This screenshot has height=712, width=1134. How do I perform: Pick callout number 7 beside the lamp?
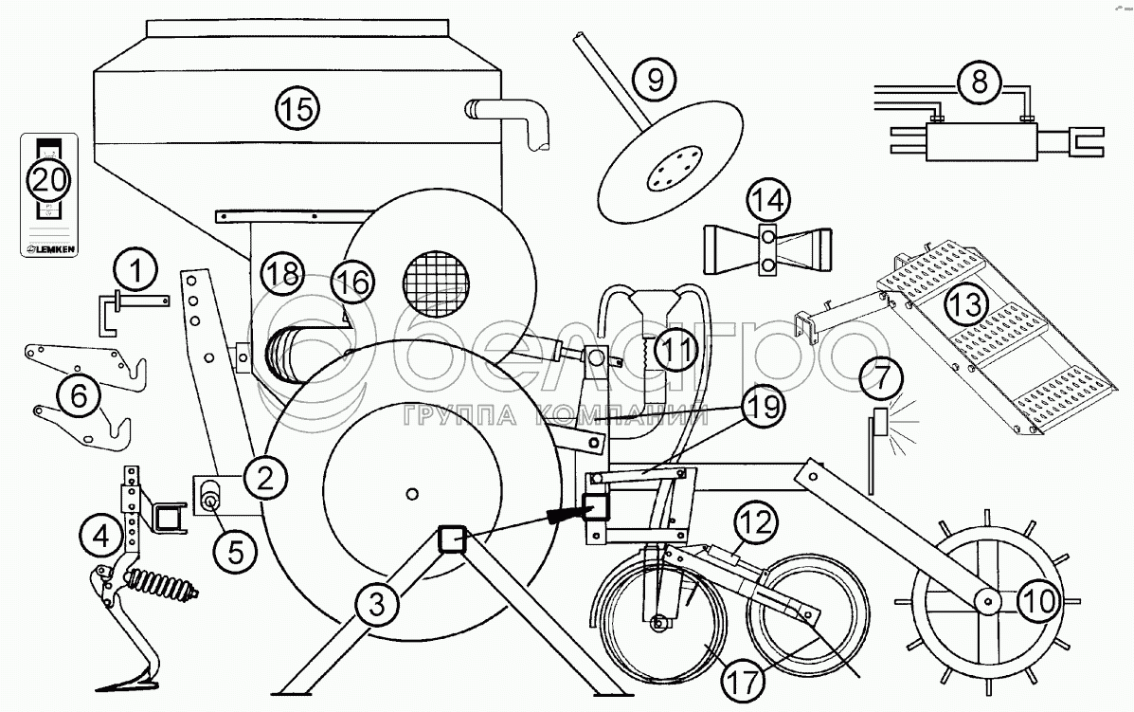pos(881,379)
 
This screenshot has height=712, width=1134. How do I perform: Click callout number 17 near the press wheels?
pos(744,679)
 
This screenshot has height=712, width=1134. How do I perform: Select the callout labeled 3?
pos(376,600)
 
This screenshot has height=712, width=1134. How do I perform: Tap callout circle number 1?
pos(137,271)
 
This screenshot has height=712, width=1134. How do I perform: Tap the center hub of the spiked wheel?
pos(985,599)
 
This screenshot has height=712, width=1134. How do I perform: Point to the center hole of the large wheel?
pos(409,491)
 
